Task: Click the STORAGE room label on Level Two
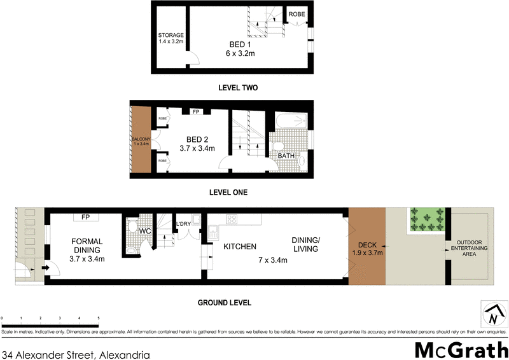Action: [171, 38]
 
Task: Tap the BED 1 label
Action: [240, 49]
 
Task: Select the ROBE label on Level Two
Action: [296, 14]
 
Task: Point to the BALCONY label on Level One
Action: [140, 141]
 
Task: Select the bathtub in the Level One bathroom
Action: [290, 121]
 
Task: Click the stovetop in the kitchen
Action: [232, 220]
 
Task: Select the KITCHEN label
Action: [239, 247]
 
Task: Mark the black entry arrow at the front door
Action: [46, 268]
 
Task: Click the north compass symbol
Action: [492, 314]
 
